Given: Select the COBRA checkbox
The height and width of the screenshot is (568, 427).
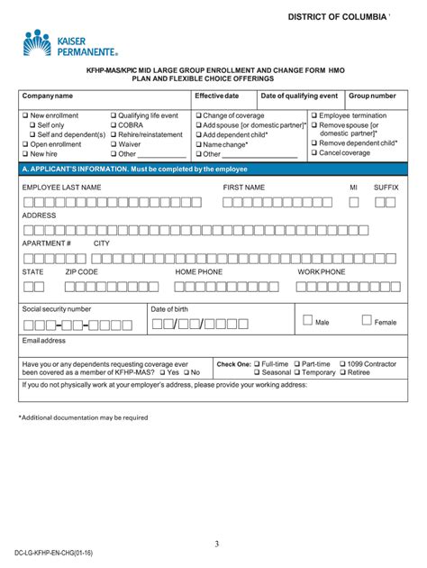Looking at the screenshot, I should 113,125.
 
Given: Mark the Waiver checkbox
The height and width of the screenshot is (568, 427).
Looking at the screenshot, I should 113,144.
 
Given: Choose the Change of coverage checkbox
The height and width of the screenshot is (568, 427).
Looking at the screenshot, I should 199,116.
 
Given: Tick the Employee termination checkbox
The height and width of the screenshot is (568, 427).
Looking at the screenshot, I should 314,116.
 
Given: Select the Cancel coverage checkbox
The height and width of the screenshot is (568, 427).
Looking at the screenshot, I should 314,153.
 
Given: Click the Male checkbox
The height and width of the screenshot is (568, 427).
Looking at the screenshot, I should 307,320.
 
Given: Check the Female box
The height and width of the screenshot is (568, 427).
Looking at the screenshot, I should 367,320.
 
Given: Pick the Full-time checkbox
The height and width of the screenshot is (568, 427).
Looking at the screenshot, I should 259,363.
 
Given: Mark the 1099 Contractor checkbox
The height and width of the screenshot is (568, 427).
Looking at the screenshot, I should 343,363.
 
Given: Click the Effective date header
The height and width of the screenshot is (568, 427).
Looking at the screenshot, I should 217,96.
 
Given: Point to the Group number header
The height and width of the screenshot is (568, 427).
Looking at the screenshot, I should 372,96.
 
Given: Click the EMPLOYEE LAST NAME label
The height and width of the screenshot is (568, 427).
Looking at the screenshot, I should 61,187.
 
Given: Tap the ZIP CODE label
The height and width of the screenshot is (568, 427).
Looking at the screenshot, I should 82,271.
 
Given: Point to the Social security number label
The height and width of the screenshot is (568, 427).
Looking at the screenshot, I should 57,308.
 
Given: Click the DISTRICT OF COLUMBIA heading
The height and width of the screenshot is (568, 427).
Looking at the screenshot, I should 337,17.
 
